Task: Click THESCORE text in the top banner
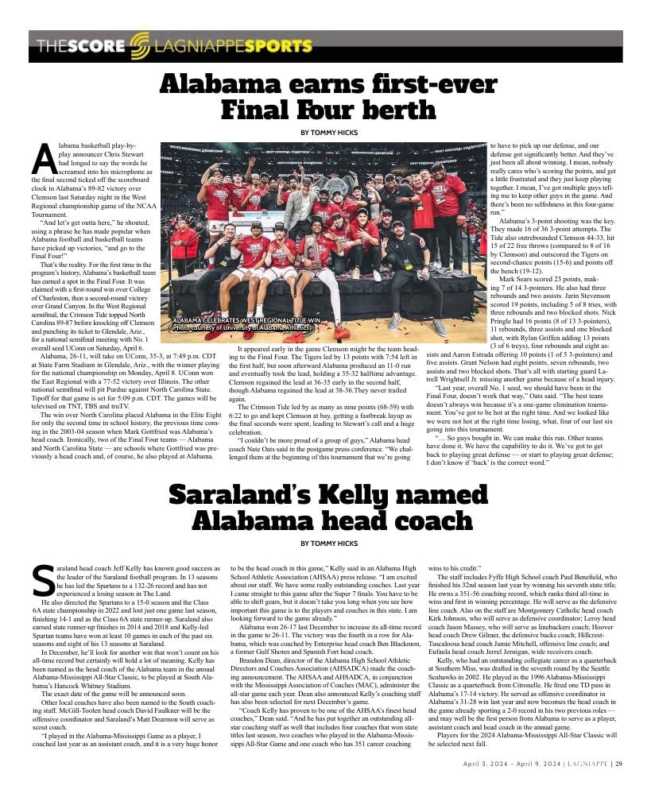click(80, 46)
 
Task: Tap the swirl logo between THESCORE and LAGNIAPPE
click(138, 46)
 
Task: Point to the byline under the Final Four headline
click(328, 132)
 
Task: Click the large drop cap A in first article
click(45, 160)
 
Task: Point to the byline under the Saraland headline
click(328, 544)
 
